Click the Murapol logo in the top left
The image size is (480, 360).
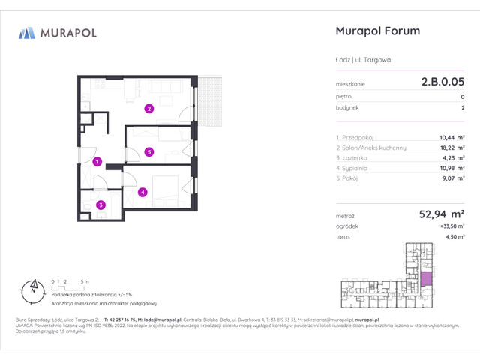[x=58, y=33]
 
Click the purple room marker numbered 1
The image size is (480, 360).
[x=97, y=160]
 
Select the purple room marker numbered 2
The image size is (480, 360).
[x=149, y=109]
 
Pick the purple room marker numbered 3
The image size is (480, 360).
[x=99, y=205]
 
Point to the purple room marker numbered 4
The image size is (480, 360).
[x=142, y=192]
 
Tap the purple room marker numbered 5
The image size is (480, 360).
[x=149, y=152]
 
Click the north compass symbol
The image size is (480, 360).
[x=32, y=286]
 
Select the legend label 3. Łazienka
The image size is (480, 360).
[x=353, y=158]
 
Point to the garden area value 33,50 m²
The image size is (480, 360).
[x=449, y=226]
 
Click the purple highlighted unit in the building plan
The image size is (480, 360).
[x=427, y=280]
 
